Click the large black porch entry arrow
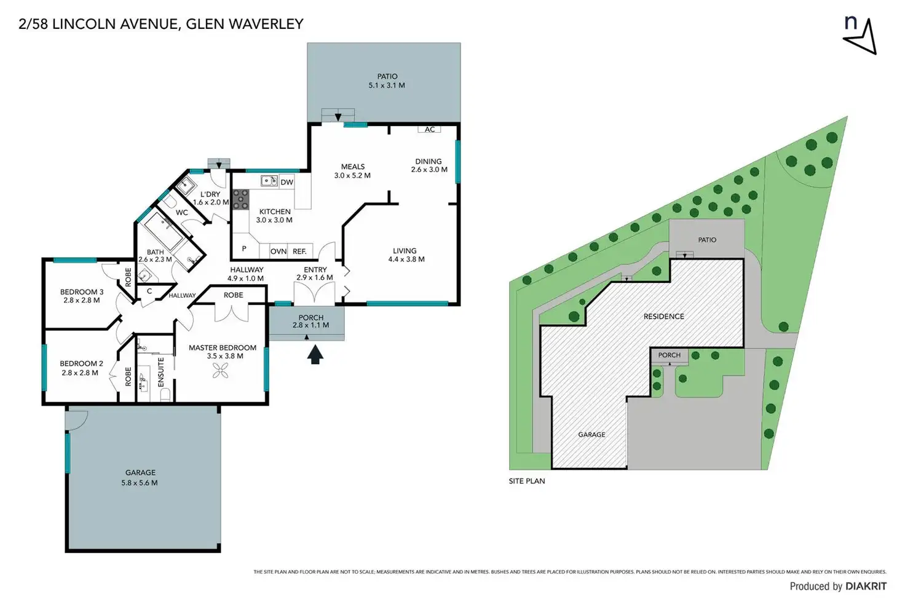point(315,355)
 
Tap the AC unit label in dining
point(430,129)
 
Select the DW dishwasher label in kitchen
point(287,182)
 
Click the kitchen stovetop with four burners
point(240,200)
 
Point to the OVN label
point(279,252)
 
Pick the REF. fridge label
point(299,252)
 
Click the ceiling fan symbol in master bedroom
point(220,370)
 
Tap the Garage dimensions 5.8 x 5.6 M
point(140,483)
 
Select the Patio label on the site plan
point(707,240)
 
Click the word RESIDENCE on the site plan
point(663,317)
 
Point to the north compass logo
point(860,35)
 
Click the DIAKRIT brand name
point(866,586)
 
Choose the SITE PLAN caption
point(527,481)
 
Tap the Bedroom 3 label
point(82,292)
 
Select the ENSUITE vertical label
point(161,371)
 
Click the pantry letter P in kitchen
point(244,249)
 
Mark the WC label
point(182,213)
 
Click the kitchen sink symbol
point(269,181)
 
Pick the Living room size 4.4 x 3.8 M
point(406,259)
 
